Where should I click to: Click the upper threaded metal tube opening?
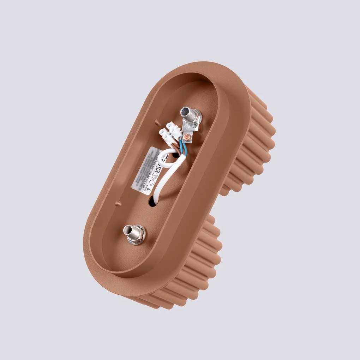[185, 112]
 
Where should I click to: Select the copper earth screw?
[187, 136]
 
